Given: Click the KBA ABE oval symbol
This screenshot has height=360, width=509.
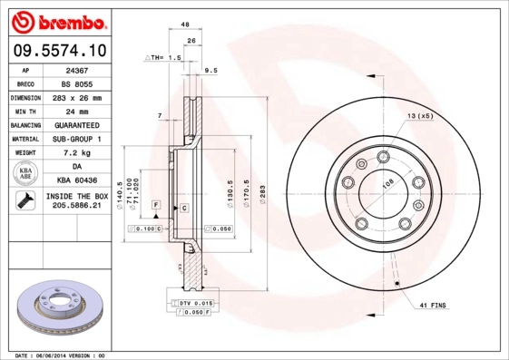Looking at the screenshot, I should pos(26,174).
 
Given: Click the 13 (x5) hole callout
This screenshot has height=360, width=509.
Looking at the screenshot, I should pos(418,117).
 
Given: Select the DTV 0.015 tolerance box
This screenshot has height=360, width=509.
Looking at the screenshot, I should pos(194,301).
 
